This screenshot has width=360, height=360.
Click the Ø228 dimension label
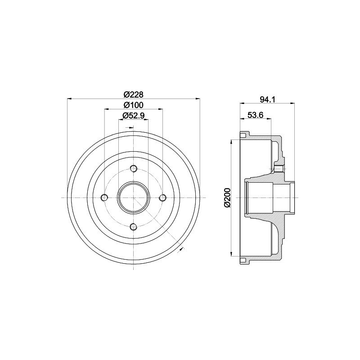pyautogui.click(x=133, y=94)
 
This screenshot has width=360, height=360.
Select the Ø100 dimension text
pyautogui.click(x=133, y=105)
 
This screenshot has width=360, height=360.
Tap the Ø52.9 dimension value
pyautogui.click(x=133, y=116)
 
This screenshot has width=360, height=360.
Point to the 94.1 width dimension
pyautogui.click(x=267, y=99)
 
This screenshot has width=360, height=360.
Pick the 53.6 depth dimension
pyautogui.click(x=255, y=115)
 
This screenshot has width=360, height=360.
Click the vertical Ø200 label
pyautogui.click(x=227, y=198)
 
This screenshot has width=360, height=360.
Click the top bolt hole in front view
pyautogui.click(x=133, y=168)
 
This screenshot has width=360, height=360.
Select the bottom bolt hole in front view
pyautogui.click(x=133, y=227)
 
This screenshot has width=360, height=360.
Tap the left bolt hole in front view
pyautogui.click(x=104, y=198)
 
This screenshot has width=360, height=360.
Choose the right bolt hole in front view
pyautogui.click(x=163, y=198)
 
